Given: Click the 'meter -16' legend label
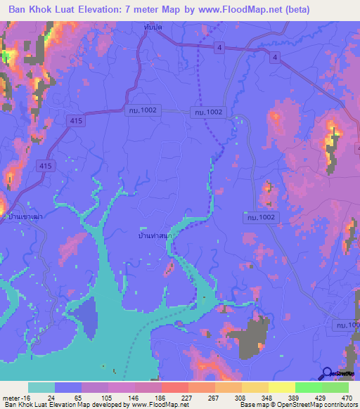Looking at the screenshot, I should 15,397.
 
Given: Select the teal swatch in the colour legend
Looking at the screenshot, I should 41,387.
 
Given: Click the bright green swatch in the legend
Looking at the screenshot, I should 309,387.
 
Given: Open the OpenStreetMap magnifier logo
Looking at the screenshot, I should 328,374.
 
